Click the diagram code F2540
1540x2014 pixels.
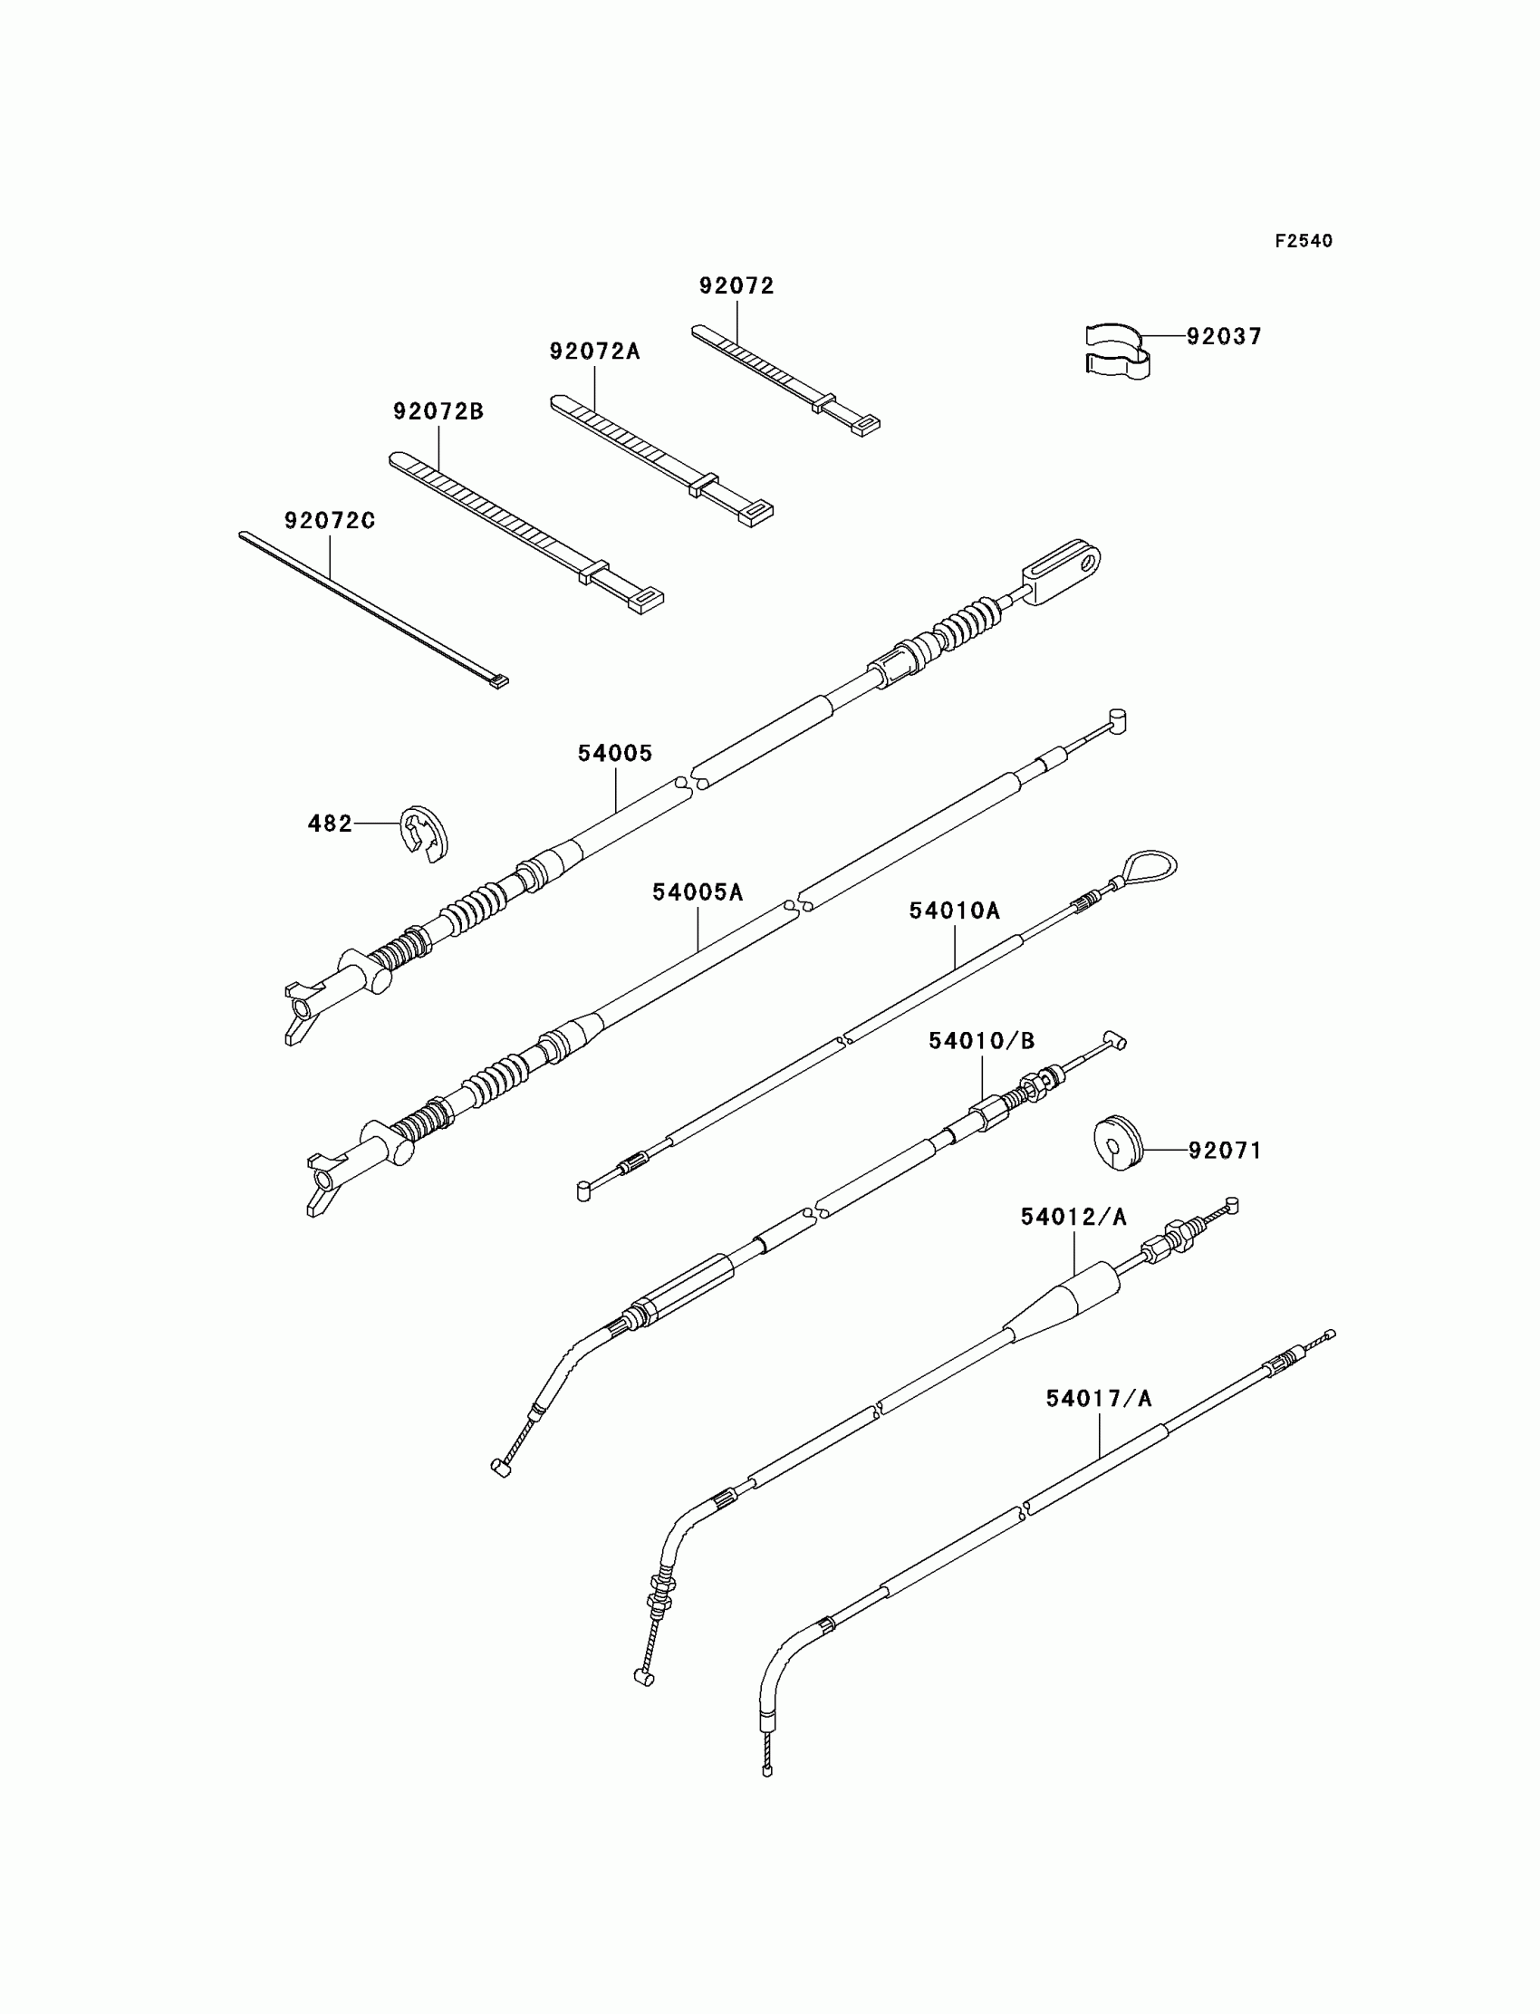click(x=1304, y=241)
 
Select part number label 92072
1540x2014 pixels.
click(x=736, y=286)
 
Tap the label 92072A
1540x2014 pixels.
click(x=595, y=352)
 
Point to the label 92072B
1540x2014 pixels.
click(x=438, y=411)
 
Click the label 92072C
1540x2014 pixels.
click(x=329, y=521)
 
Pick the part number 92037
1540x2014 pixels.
click(x=1224, y=336)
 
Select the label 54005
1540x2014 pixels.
click(x=615, y=754)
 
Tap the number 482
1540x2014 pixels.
click(x=330, y=824)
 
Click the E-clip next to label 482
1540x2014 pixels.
click(x=425, y=834)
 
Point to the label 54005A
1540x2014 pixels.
click(x=698, y=892)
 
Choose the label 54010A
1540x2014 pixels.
click(x=954, y=911)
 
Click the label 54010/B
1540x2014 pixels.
click(x=981, y=1041)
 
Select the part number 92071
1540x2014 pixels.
click(x=1225, y=1151)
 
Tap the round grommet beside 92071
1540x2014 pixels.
click(x=1118, y=1142)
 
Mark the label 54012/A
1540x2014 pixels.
click(x=1073, y=1218)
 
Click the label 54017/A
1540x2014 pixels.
click(x=1099, y=1399)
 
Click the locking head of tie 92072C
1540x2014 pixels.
click(x=498, y=681)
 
